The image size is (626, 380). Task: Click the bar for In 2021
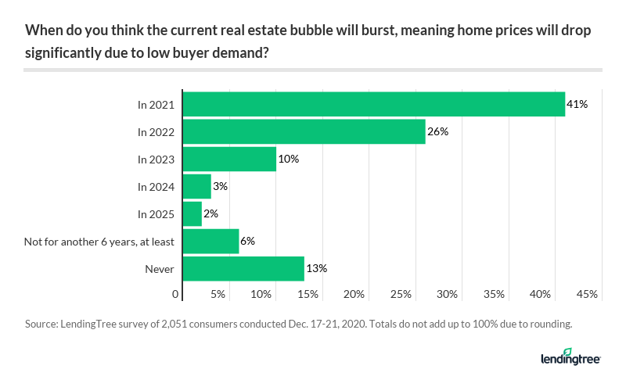(373, 104)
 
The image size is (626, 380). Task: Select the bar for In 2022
(304, 131)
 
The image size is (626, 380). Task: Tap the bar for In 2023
(229, 159)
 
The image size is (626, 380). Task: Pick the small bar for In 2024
(196, 186)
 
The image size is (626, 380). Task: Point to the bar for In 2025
(192, 213)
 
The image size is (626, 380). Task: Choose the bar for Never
(243, 268)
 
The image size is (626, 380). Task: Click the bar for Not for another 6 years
(210, 241)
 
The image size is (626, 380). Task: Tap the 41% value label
(577, 104)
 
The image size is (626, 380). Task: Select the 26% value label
(437, 131)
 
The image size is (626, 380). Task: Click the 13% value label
(316, 268)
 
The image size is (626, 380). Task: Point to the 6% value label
(248, 241)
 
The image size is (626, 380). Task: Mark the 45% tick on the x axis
(587, 294)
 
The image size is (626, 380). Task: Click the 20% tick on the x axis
(354, 294)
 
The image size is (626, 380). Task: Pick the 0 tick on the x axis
(176, 294)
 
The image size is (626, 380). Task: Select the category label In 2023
(156, 159)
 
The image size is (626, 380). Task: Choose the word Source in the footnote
(41, 323)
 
